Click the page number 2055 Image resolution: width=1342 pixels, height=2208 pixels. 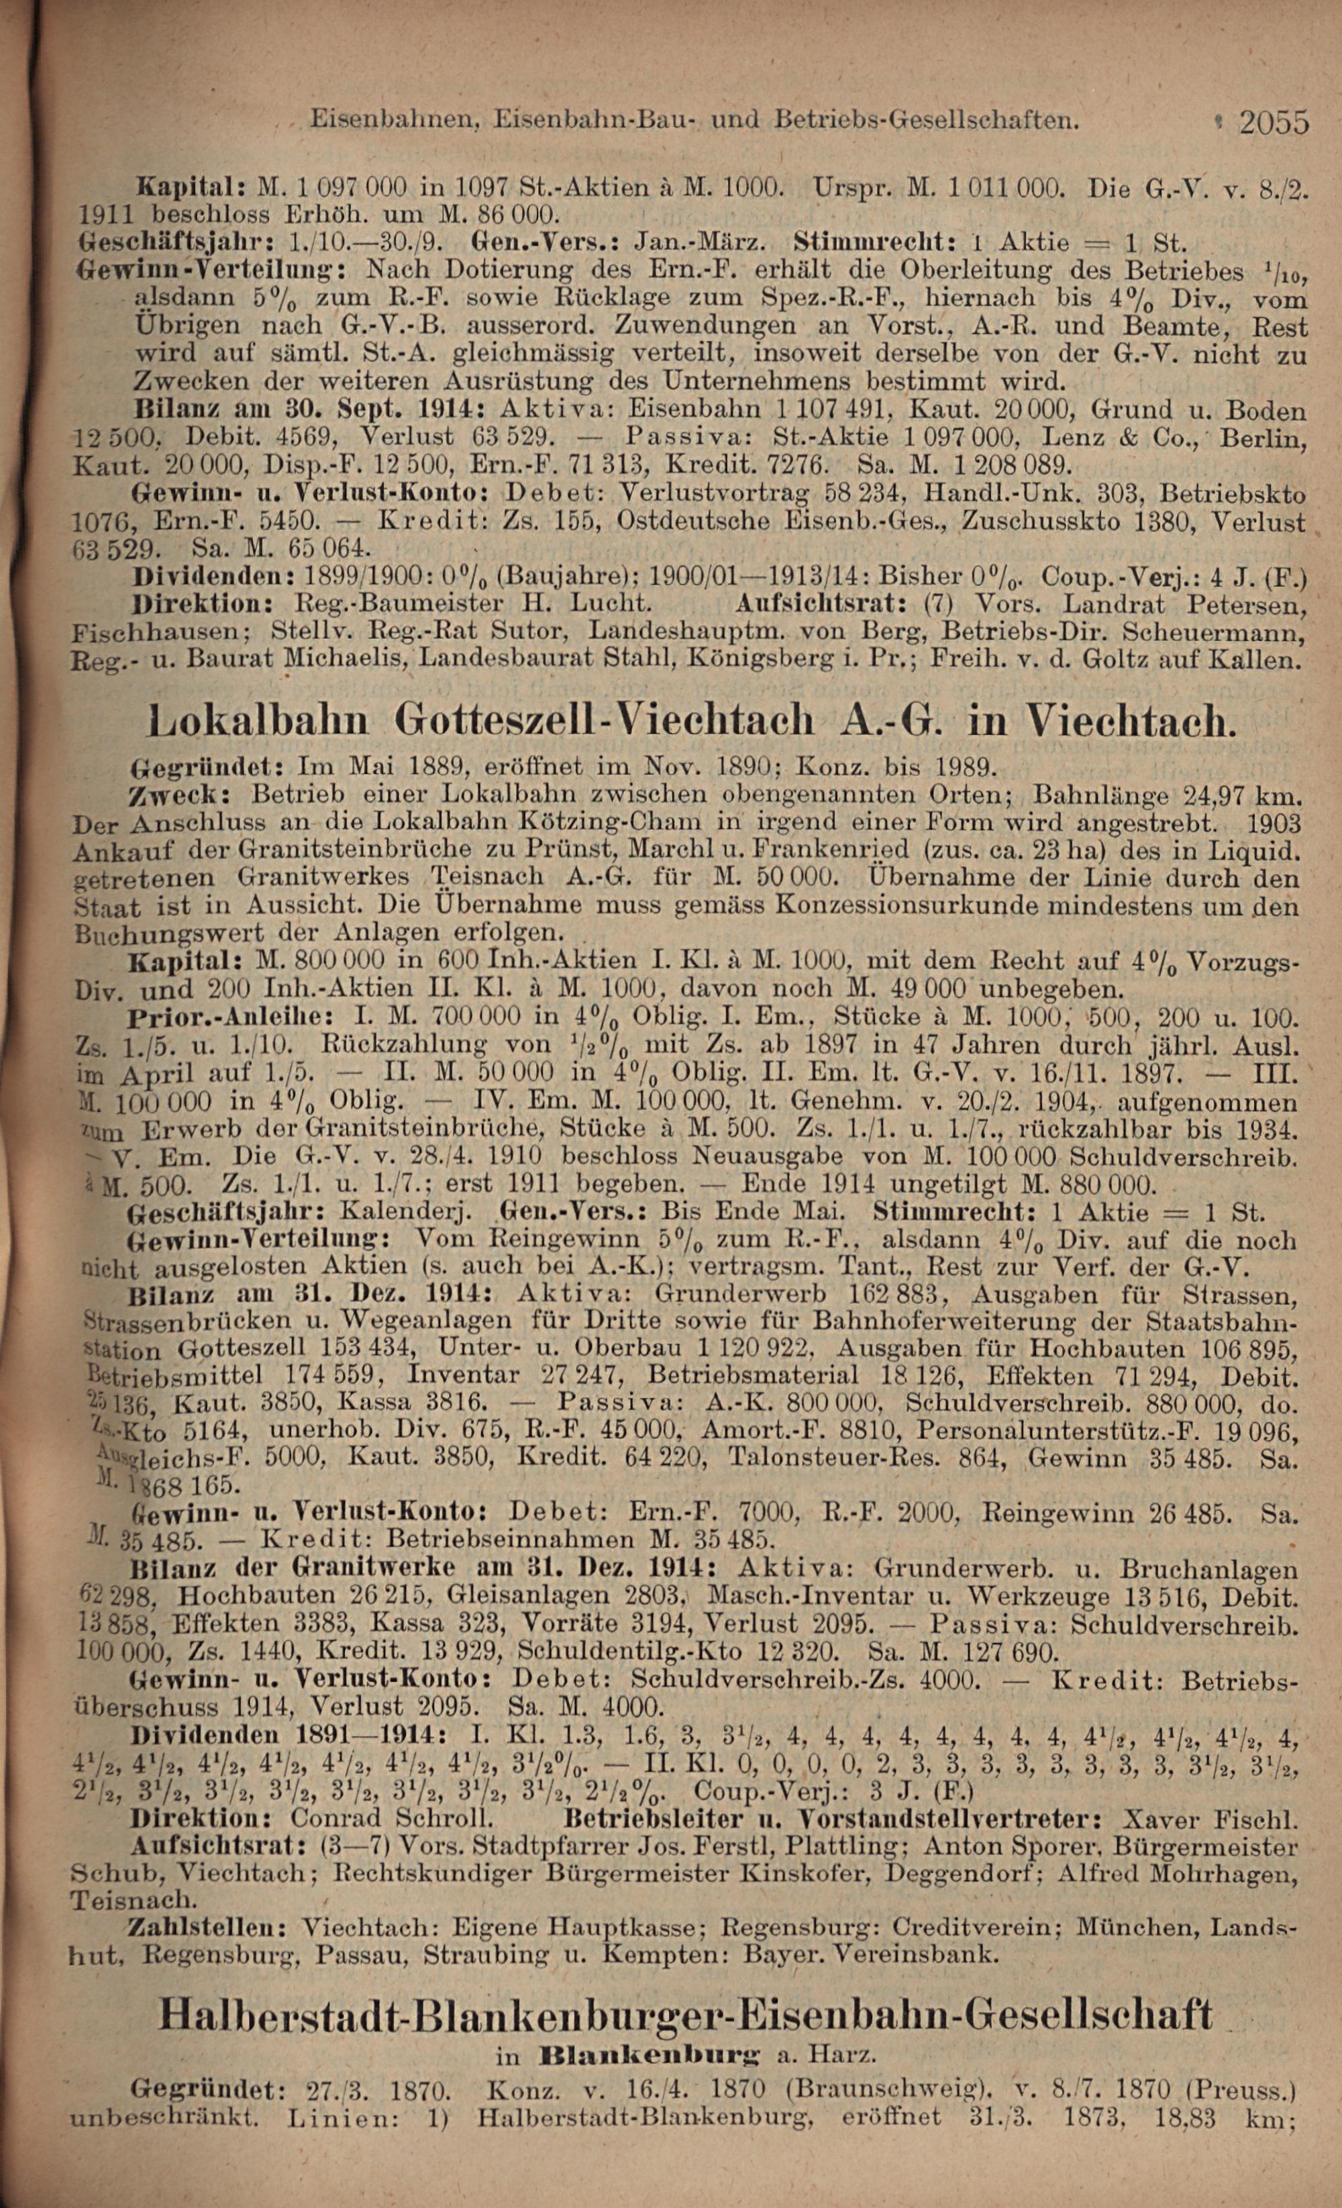pyautogui.click(x=1274, y=122)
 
